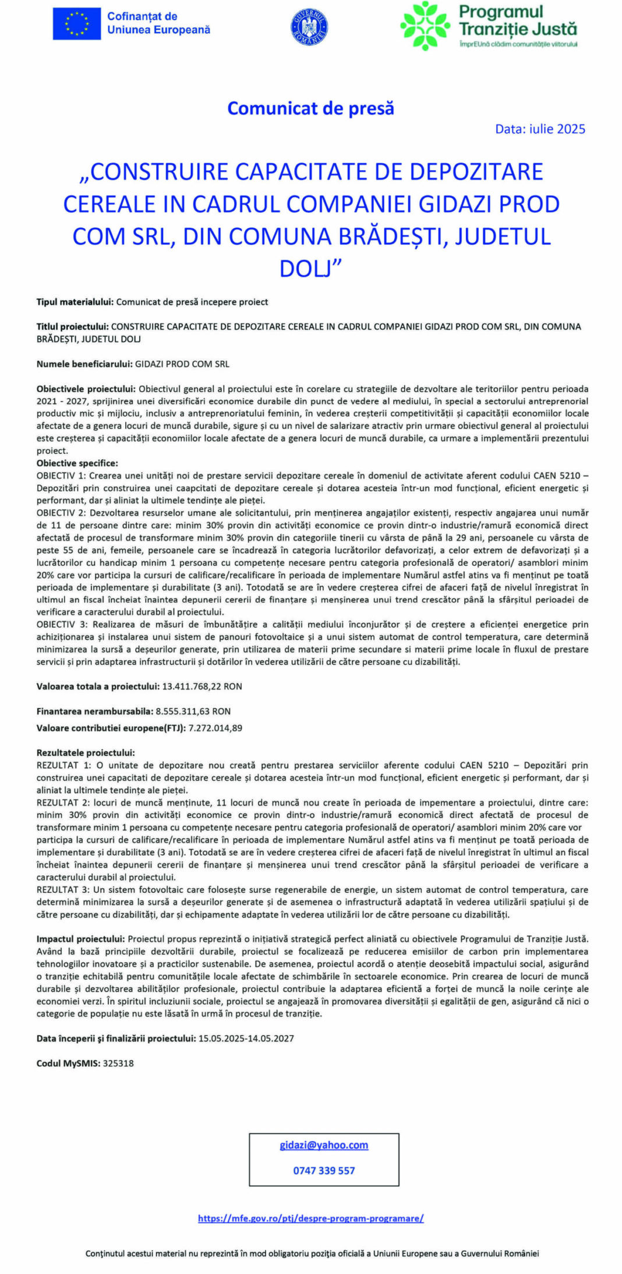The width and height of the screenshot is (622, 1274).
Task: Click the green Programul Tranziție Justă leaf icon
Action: coord(425,26)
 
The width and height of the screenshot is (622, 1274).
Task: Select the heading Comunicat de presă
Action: coord(310,108)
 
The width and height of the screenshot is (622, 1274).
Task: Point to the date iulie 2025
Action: coord(540,129)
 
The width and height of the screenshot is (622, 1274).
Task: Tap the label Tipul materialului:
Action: coord(75,302)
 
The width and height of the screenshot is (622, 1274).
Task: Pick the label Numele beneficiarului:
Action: coord(85,364)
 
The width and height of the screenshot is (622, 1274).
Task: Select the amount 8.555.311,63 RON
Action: coord(193,712)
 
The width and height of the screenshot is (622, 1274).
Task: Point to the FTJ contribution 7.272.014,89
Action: coord(215,728)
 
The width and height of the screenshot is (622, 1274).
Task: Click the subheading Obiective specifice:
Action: coord(77,463)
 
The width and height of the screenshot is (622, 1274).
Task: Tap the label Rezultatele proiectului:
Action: coord(86,753)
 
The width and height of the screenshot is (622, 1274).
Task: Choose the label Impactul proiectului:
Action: coord(81,939)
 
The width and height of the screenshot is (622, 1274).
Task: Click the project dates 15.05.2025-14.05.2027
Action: coord(246,1038)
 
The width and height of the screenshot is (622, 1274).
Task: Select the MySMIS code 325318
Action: coord(118,1063)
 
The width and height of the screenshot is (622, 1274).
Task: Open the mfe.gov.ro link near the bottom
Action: coord(310,1218)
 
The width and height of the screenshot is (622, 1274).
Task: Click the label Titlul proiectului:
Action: coord(73,326)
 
